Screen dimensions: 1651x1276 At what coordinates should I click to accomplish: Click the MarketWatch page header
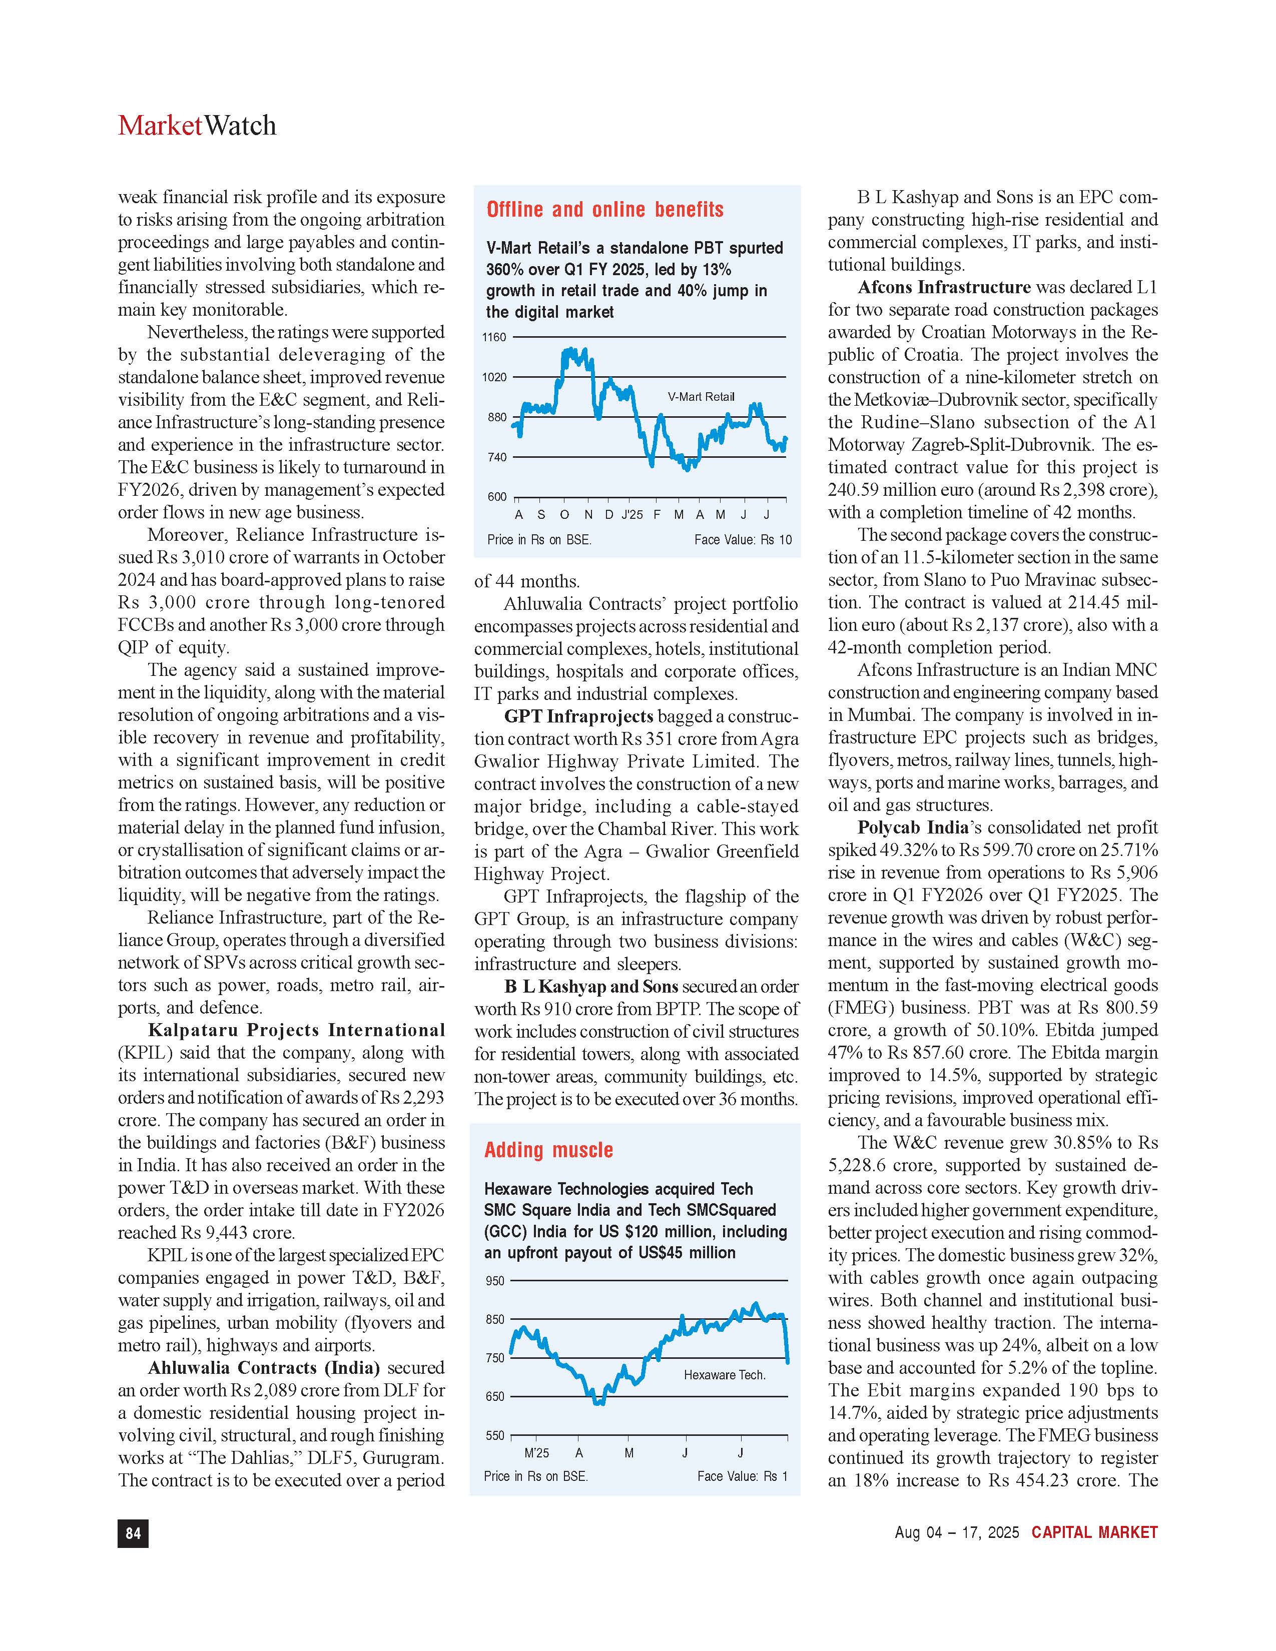tap(197, 126)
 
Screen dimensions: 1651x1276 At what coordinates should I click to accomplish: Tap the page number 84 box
tap(133, 1532)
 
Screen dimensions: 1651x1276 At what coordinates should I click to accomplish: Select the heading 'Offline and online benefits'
tap(605, 210)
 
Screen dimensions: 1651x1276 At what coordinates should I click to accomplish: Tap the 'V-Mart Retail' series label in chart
tap(701, 397)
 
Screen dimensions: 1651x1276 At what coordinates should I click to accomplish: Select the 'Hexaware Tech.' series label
tap(724, 1374)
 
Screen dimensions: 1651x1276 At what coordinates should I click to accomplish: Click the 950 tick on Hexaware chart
tap(495, 1281)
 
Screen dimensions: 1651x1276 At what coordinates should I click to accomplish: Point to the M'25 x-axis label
tap(537, 1452)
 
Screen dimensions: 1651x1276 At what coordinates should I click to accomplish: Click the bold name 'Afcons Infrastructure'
tap(943, 287)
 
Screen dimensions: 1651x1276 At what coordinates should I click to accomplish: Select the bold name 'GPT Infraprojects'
tap(578, 716)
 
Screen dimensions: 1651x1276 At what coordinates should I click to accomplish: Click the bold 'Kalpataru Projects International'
tap(296, 1030)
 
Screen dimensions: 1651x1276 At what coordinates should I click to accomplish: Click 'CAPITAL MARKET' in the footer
tap(1094, 1532)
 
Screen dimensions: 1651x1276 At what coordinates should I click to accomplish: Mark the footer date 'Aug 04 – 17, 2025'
tap(956, 1532)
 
